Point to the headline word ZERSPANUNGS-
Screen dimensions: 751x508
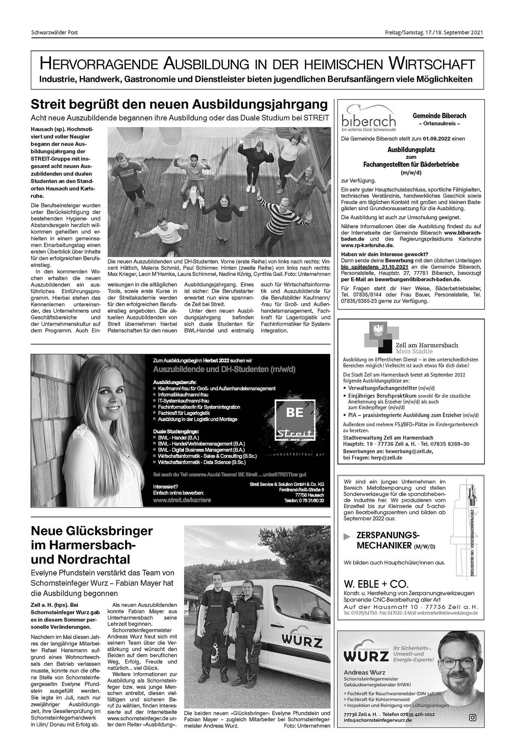pos(388,535)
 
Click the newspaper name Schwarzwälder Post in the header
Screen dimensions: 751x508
pos(54,33)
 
